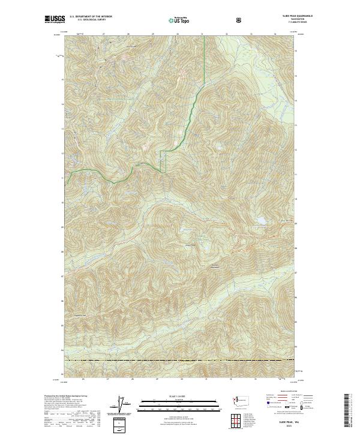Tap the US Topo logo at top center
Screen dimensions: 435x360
tap(179, 20)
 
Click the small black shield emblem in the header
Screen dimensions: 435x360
tap(240, 20)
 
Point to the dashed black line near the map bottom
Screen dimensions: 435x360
tap(180, 360)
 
